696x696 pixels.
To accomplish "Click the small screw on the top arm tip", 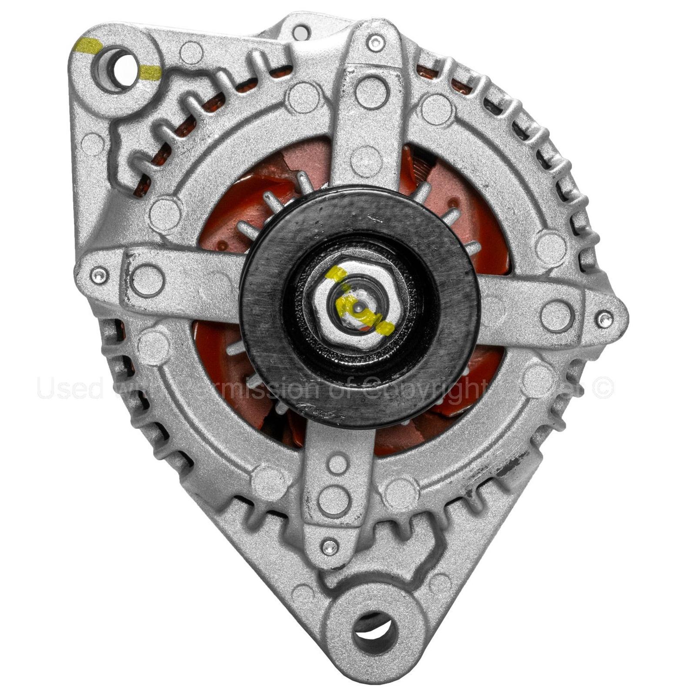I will coord(375,42).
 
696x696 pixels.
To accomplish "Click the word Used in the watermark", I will coord(70,388).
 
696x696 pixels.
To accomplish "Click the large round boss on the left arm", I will coord(147,279).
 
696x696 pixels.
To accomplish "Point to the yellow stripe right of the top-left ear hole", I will coord(150,73).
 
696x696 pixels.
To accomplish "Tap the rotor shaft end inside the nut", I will coord(358,308).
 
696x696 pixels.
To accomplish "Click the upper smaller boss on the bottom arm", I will coord(338,464).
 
